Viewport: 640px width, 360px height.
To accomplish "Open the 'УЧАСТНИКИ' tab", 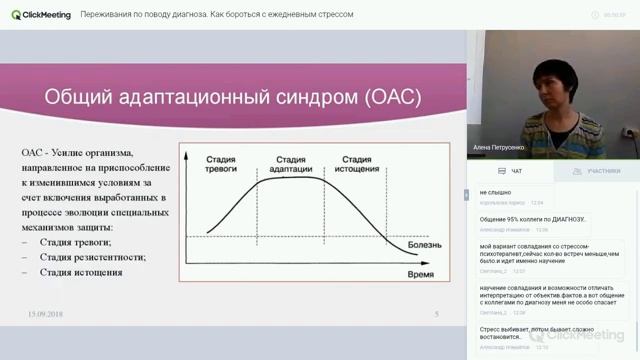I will click(x=599, y=171).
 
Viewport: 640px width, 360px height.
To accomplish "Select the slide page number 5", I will click(x=436, y=314).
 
